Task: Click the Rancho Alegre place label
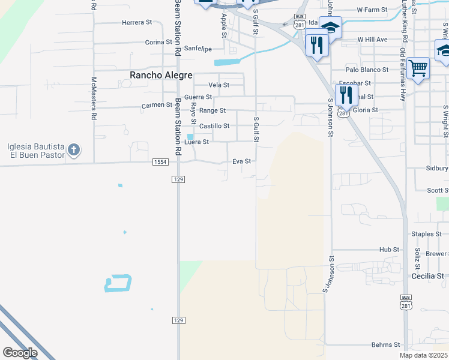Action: tap(161, 75)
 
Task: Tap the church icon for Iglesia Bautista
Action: tap(74, 149)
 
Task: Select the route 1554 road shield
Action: tap(160, 162)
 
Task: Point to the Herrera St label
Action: tap(137, 22)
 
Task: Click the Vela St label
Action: tap(218, 85)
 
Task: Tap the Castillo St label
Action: tap(214, 126)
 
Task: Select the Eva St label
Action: tap(241, 161)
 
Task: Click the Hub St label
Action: tap(389, 249)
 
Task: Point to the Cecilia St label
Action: tap(427, 276)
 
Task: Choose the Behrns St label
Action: tap(385, 344)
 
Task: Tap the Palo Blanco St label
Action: tap(367, 70)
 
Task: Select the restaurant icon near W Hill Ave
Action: tap(317, 44)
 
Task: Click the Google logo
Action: tap(20, 353)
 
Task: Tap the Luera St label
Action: tap(197, 142)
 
